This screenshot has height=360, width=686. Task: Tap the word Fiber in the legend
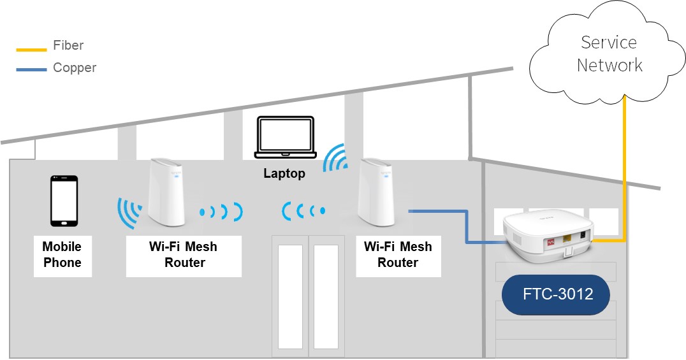tap(68, 45)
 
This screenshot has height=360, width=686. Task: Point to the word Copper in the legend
tap(75, 68)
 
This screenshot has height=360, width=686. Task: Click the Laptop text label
tap(284, 173)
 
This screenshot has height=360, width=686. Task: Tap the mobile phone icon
tap(64, 201)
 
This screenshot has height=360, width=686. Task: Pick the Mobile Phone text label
tap(62, 254)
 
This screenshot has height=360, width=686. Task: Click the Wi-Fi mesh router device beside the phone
tap(166, 192)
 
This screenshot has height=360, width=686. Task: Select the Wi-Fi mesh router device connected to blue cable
tap(374, 192)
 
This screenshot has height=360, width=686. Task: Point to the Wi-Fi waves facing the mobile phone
tap(130, 213)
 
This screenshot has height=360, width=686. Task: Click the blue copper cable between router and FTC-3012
tap(467, 227)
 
